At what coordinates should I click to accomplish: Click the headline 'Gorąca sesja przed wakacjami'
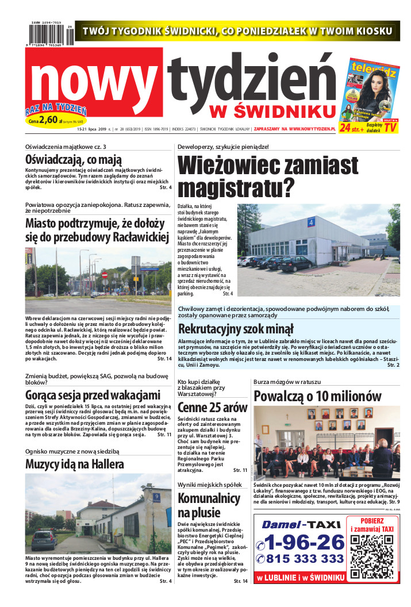point(93,395)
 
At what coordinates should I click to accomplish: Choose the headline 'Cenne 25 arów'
point(212,407)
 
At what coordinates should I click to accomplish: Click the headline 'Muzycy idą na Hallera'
point(75,464)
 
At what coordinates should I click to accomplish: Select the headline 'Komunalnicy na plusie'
point(208,505)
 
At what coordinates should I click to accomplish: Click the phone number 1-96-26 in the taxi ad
point(301,541)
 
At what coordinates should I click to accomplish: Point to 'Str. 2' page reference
point(393,365)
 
